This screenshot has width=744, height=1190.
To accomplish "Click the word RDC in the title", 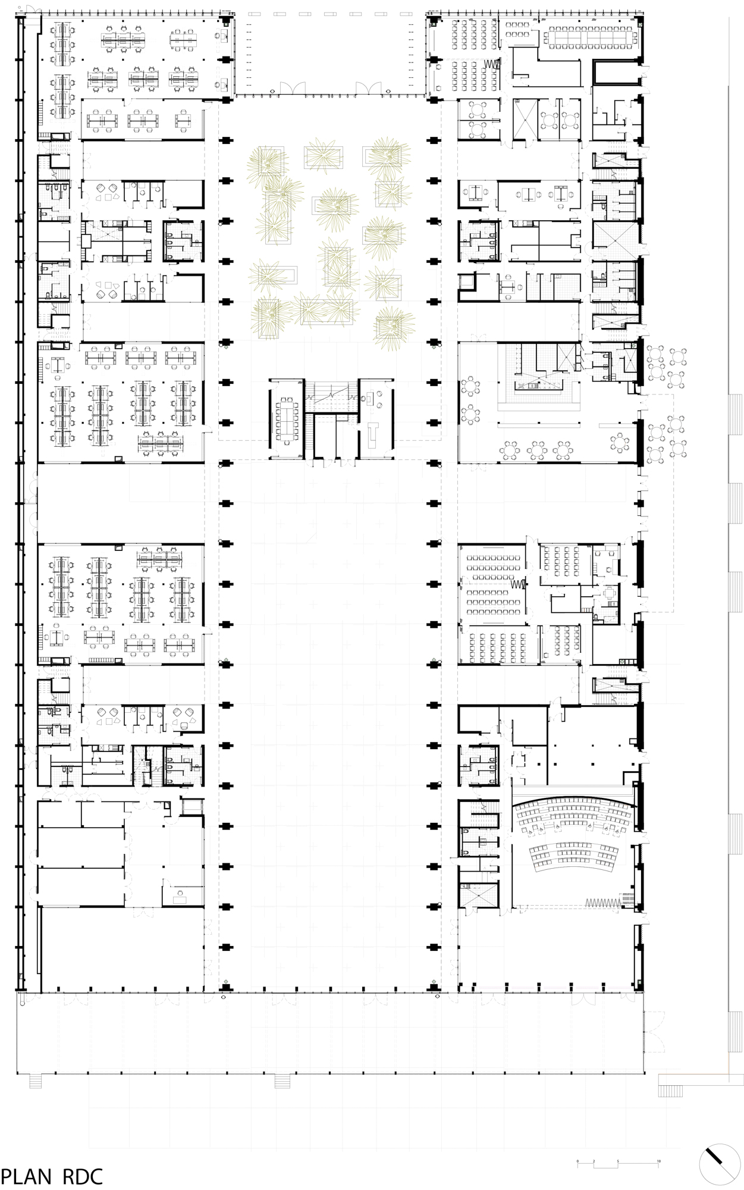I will pos(80,1176).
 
